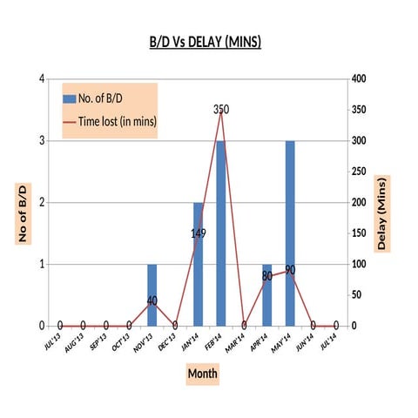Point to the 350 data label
221,110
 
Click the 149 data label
199,233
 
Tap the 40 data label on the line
152,300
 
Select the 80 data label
267,276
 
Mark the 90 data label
290,270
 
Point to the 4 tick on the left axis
42,79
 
